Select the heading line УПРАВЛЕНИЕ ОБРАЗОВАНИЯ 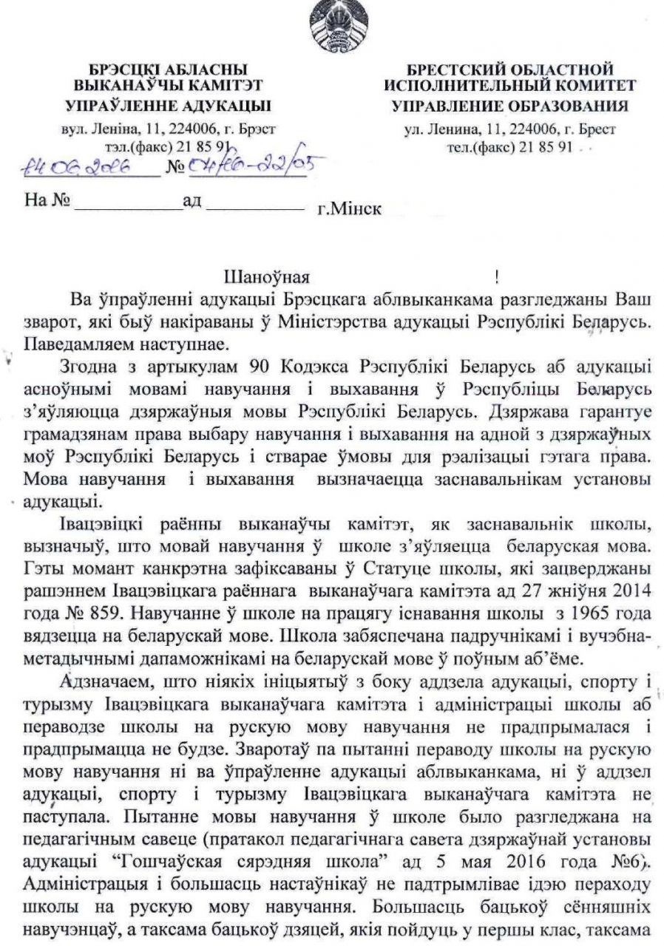pyautogui.click(x=509, y=106)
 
